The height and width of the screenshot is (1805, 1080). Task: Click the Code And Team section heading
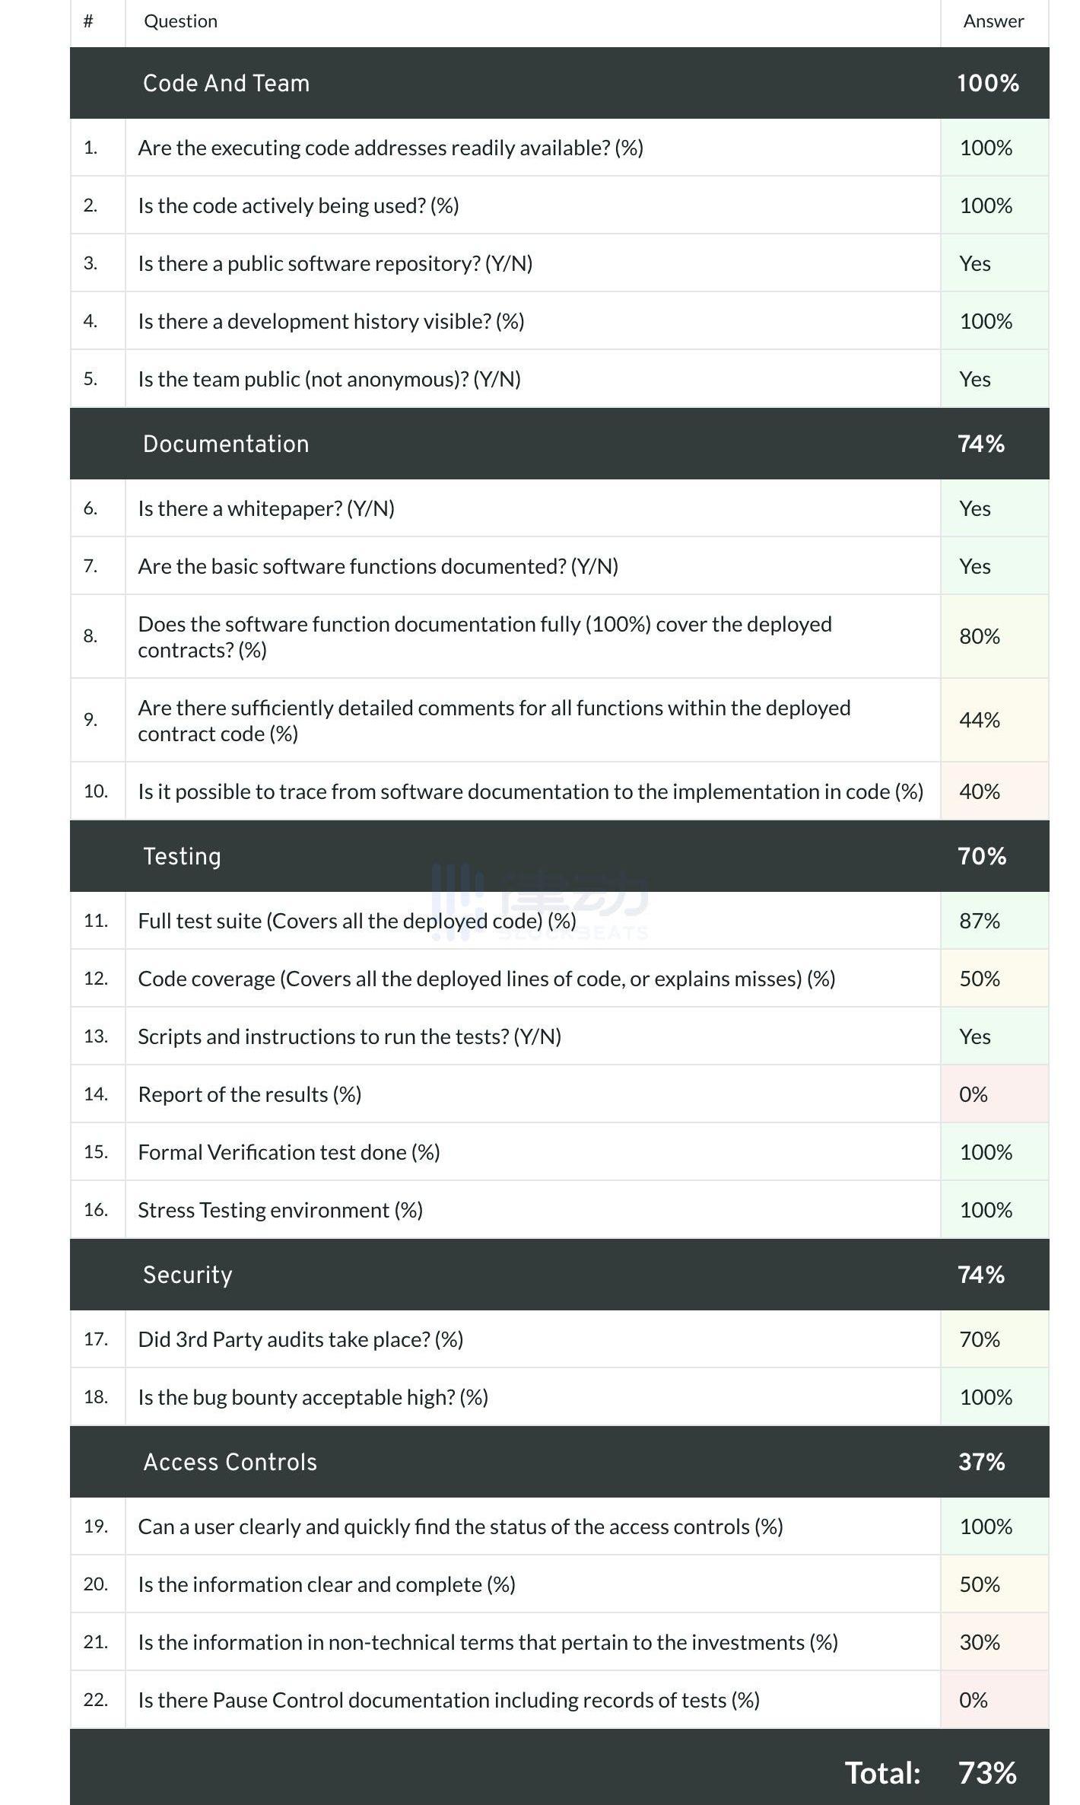tap(226, 83)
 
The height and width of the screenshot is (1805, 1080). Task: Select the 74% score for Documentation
tap(981, 444)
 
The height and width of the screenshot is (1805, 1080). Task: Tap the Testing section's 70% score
tap(982, 856)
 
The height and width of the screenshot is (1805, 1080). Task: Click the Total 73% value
tap(987, 1772)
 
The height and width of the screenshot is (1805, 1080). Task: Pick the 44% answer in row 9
tap(980, 720)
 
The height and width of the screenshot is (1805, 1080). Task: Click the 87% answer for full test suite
tap(980, 921)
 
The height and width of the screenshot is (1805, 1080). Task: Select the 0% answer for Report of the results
tap(974, 1094)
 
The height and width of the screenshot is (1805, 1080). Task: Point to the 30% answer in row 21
tap(980, 1642)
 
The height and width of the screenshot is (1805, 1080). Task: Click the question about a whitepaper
tap(266, 508)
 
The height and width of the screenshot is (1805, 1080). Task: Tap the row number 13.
tap(96, 1036)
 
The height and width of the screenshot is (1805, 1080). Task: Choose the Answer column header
tap(993, 21)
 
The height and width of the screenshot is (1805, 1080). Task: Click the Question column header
tap(181, 21)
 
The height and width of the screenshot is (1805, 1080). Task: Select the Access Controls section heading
tap(230, 1462)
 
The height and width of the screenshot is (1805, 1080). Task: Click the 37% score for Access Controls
tap(981, 1462)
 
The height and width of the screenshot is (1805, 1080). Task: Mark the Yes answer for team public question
tap(975, 379)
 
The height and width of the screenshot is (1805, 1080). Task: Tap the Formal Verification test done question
tap(289, 1152)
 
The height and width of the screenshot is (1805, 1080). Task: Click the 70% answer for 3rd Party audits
tap(980, 1339)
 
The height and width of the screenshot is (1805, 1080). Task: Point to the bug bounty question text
tap(313, 1397)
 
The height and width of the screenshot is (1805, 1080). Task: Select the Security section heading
tap(187, 1275)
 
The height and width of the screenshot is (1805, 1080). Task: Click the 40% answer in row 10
tap(980, 791)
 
